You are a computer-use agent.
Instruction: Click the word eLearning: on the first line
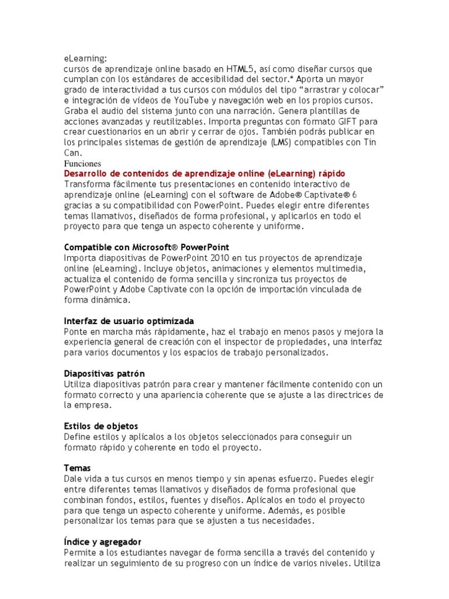[x=85, y=58]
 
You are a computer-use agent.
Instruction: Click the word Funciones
[x=82, y=164]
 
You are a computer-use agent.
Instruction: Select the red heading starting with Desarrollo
[x=204, y=174]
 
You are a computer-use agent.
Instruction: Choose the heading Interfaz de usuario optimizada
[x=129, y=321]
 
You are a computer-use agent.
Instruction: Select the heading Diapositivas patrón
[x=104, y=373]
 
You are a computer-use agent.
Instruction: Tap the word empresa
[x=92, y=405]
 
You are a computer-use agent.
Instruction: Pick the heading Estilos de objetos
[x=101, y=426]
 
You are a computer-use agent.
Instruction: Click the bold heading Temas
[x=78, y=468]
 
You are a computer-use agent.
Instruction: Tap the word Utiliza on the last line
[x=368, y=563]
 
